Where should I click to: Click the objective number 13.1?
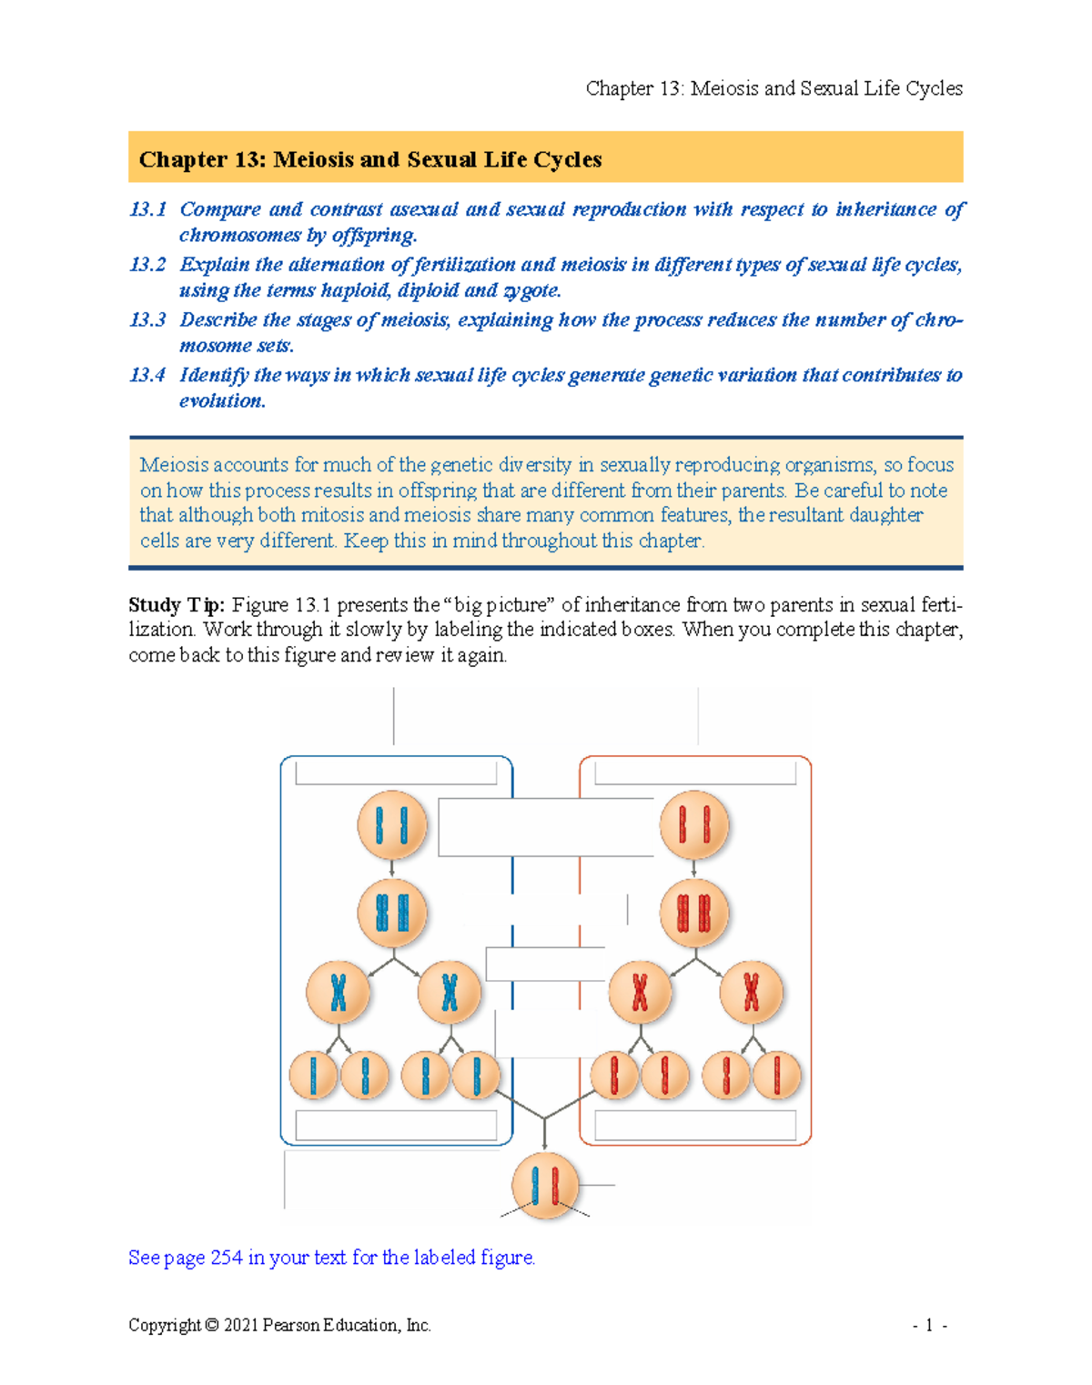coord(147,209)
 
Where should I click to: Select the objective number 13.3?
coord(147,320)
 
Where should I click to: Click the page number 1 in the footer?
coord(928,1325)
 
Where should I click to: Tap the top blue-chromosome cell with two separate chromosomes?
coord(392,825)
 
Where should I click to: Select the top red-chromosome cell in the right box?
coord(694,825)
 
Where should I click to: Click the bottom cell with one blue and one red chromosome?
coord(545,1186)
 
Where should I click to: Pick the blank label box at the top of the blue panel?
coord(396,773)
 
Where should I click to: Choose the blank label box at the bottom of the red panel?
coord(695,1126)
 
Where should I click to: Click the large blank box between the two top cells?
coord(546,827)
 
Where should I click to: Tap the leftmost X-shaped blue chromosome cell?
coord(339,992)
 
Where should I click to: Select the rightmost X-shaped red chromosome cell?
coord(751,992)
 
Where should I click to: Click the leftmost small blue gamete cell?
coord(313,1075)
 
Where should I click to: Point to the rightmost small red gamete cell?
coord(777,1075)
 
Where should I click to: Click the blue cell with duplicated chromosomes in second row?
coord(392,912)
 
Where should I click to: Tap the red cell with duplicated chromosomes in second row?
coord(694,912)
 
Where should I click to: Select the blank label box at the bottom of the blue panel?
coord(396,1126)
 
